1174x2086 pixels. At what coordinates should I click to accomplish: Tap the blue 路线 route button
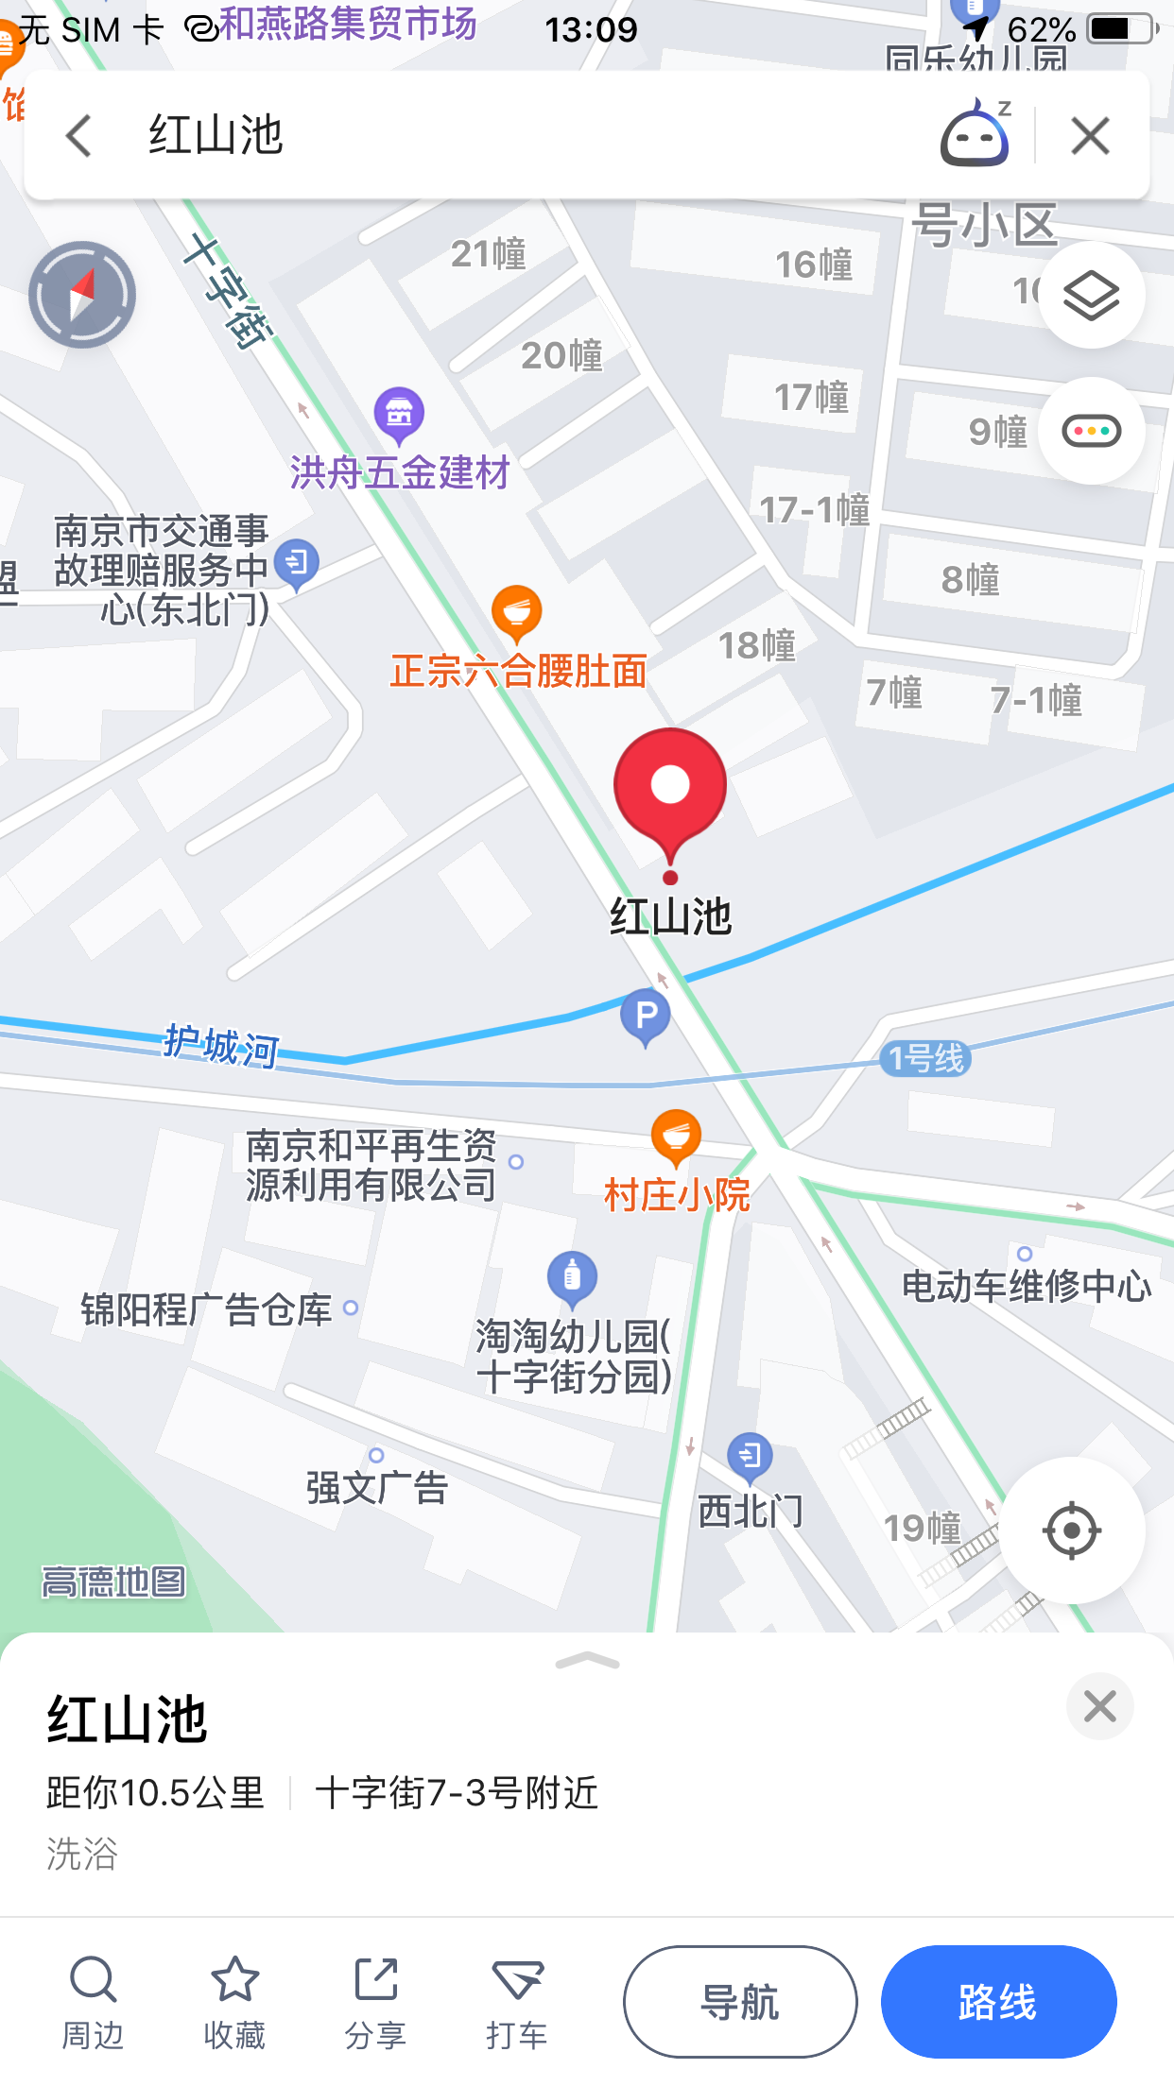click(x=998, y=2001)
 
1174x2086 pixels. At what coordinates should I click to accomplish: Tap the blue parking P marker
click(x=646, y=1017)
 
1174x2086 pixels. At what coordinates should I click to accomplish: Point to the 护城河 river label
click(x=221, y=1046)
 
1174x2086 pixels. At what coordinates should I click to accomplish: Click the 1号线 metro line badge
click(x=926, y=1058)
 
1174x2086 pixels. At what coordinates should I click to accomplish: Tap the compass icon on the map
click(x=82, y=295)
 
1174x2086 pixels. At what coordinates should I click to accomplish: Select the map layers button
click(x=1092, y=295)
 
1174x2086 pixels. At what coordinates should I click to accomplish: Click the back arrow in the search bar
click(x=80, y=136)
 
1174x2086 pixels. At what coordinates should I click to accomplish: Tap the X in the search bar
click(x=1090, y=136)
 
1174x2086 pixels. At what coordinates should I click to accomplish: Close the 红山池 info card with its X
click(x=1099, y=1706)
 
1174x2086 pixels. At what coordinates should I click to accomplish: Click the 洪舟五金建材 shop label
click(x=400, y=471)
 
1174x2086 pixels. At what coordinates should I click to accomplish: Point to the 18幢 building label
click(x=757, y=645)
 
